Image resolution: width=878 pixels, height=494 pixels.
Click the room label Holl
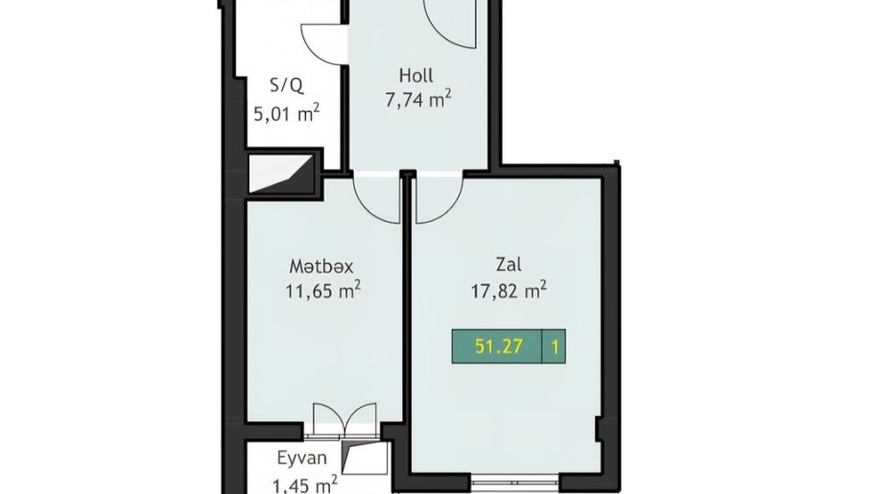416,75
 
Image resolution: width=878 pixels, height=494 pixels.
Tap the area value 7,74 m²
418,99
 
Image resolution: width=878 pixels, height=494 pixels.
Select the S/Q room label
287,85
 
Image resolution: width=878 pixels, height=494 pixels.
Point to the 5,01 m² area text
287,113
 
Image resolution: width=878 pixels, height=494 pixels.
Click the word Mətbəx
321,267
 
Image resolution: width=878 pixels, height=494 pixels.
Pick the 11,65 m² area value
323,291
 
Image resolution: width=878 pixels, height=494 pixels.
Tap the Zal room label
509,264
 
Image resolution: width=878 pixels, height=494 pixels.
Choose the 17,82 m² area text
509,291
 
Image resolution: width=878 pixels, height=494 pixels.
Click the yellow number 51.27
498,346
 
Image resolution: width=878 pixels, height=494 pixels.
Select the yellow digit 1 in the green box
555,347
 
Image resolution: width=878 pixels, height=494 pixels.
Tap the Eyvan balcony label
302,459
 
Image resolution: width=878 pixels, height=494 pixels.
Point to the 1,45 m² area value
304,482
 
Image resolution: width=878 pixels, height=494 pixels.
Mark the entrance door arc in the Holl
442,34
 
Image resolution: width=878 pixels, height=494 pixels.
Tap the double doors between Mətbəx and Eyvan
344,419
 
